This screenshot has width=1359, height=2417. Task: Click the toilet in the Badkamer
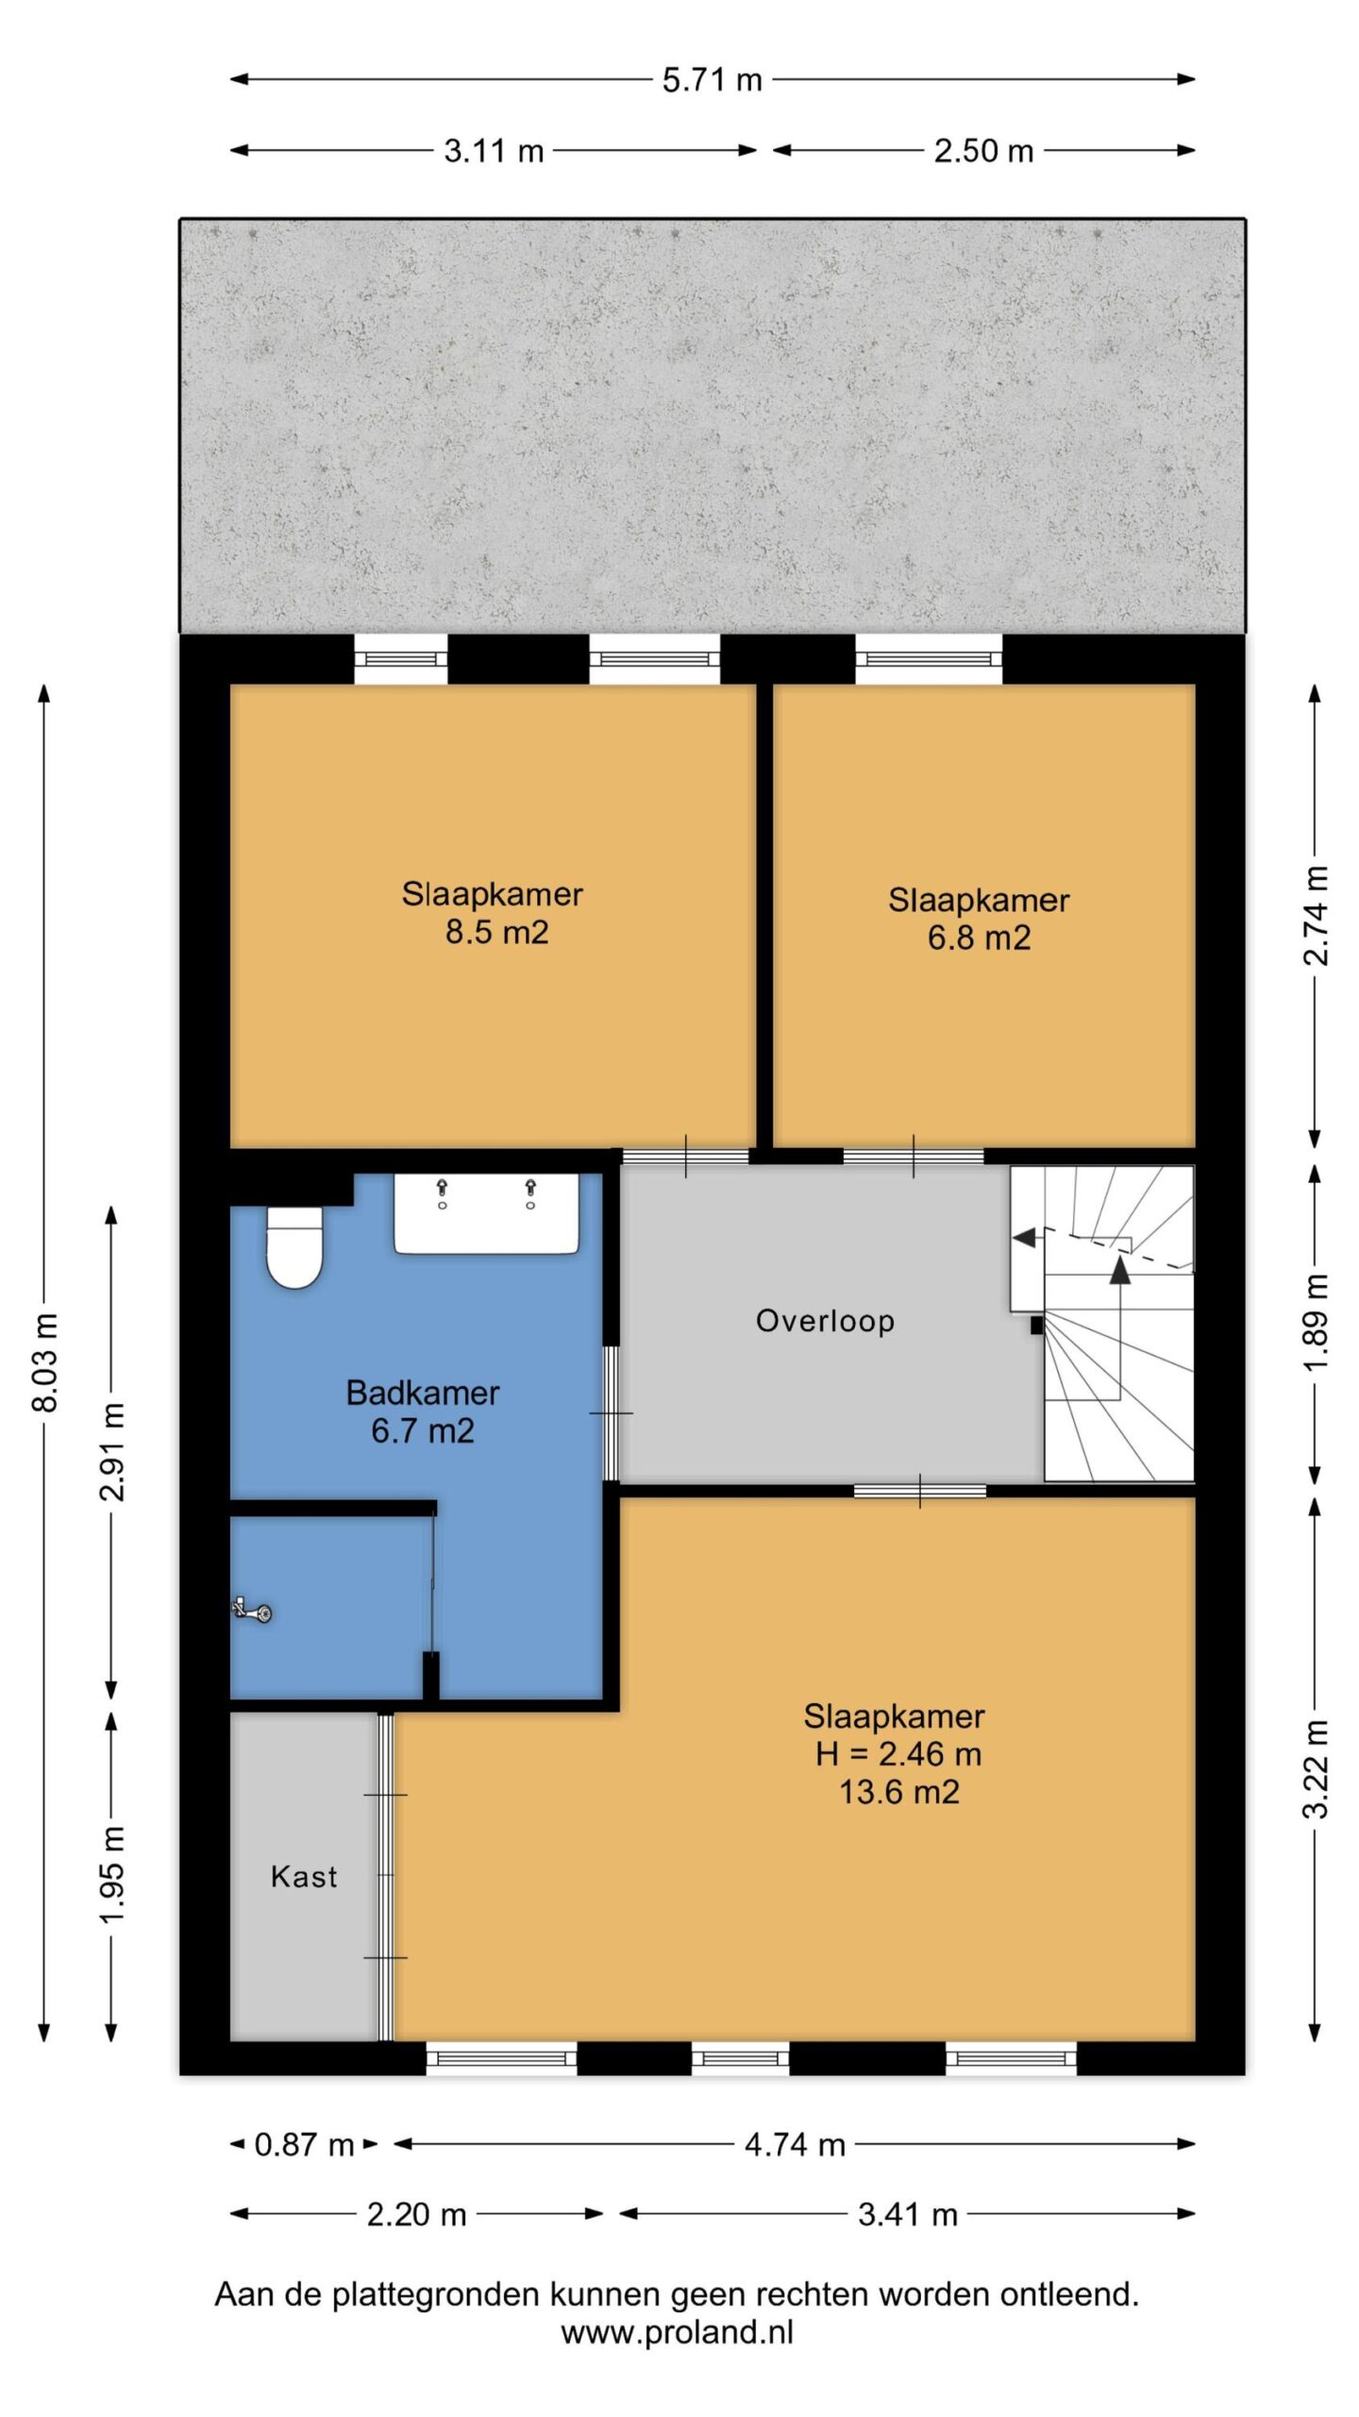(x=294, y=1247)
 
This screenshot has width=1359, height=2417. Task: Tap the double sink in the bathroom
(x=486, y=1214)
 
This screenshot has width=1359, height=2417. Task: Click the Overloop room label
(x=825, y=1321)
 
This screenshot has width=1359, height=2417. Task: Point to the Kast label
(x=304, y=1876)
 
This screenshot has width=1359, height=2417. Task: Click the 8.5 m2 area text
(x=497, y=932)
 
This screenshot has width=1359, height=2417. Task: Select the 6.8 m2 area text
(x=979, y=938)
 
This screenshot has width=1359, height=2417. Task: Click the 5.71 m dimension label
(x=713, y=80)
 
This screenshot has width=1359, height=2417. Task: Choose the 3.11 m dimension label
(x=495, y=151)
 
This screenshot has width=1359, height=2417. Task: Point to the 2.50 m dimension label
(x=984, y=151)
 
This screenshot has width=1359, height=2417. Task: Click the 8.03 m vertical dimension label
(x=45, y=1361)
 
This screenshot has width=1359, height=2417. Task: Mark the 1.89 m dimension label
(x=1316, y=1322)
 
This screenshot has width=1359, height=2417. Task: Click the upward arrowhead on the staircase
(x=1120, y=1269)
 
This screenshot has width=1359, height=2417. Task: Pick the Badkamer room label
(x=423, y=1393)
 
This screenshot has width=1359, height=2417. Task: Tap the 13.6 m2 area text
(x=899, y=1791)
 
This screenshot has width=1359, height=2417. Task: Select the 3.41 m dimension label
(x=908, y=2214)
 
